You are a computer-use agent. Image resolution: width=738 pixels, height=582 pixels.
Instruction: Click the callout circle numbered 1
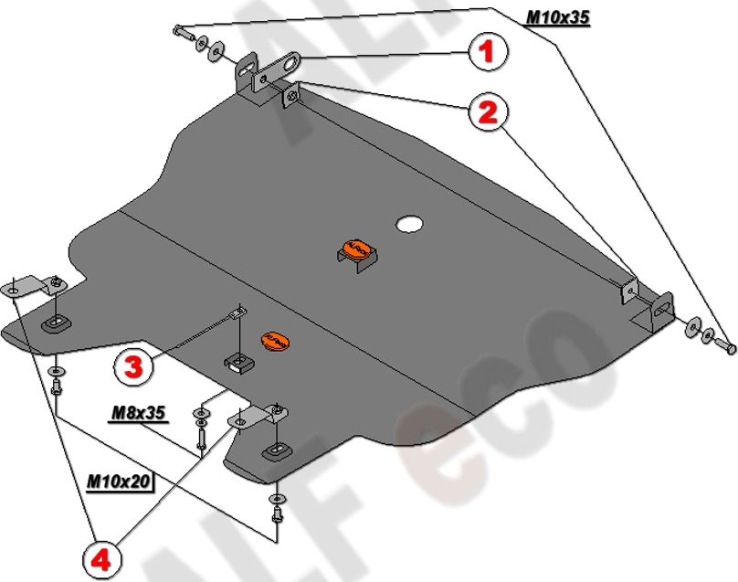(487, 52)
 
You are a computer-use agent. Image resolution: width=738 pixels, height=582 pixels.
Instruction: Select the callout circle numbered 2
(487, 113)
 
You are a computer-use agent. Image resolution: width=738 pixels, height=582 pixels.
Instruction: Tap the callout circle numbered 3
(133, 368)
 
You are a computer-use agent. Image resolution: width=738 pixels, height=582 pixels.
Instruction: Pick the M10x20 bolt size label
(119, 479)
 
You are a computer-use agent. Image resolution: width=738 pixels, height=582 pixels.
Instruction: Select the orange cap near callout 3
(274, 338)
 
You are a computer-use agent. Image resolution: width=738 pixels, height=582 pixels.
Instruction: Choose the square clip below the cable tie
(238, 362)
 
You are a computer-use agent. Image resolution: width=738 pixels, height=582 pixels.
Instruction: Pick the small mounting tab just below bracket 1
(290, 97)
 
